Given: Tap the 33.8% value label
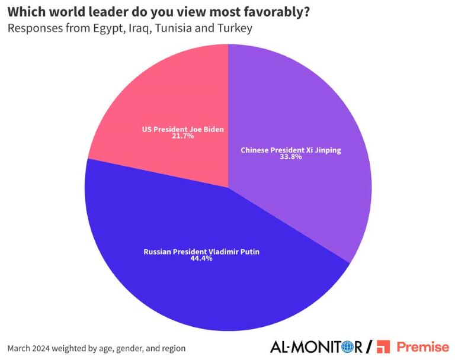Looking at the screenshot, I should tap(291, 157).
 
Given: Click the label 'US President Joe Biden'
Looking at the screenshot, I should tap(184, 128).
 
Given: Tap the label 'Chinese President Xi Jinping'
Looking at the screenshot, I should tap(291, 150).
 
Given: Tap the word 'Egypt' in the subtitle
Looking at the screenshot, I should tap(108, 28).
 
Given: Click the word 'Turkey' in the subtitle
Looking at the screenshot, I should tap(236, 28).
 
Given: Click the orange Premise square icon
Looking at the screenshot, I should tap(384, 346).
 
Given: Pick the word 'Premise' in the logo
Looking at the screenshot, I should tap(423, 346).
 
